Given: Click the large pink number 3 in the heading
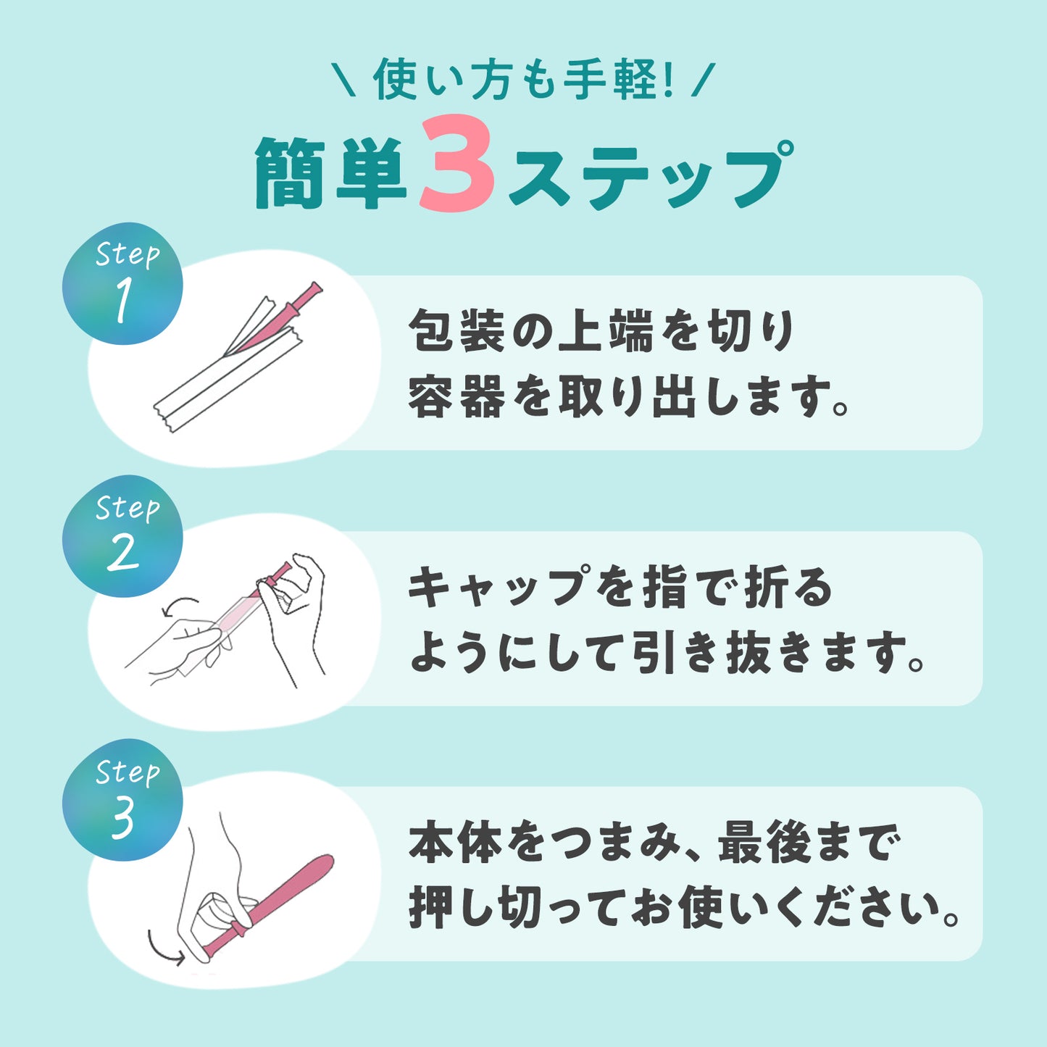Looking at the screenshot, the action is tap(457, 163).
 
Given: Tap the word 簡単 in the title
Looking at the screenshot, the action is tap(330, 172).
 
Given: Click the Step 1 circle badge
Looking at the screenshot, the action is tap(122, 283).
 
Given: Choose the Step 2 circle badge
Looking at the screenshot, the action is tap(122, 536).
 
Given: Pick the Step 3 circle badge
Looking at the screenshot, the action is tap(122, 800).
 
